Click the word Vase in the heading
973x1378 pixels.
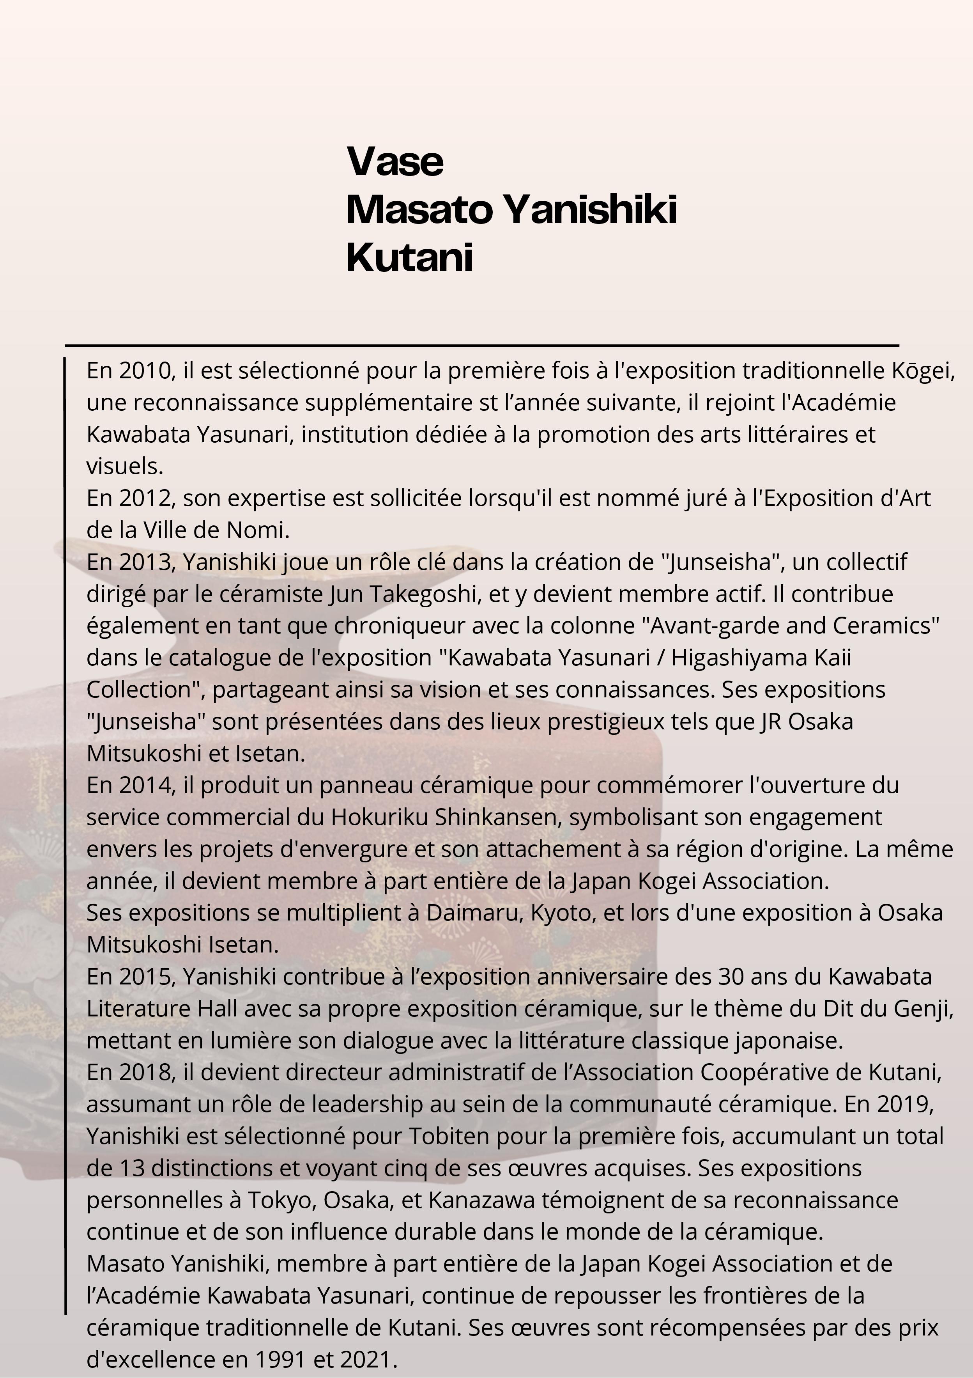click(395, 161)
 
